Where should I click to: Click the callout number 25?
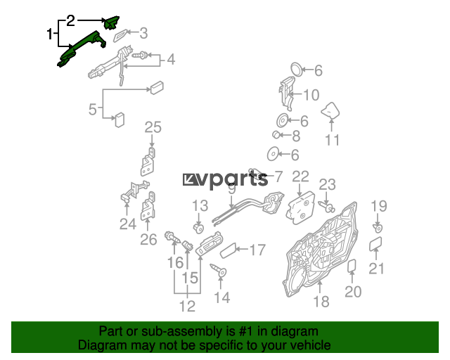click(153, 127)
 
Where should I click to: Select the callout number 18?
click(321, 302)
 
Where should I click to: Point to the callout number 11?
click(332, 140)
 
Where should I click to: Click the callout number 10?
click(310, 95)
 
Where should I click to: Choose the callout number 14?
click(221, 297)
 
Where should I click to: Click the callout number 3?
click(143, 32)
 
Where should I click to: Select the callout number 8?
click(295, 136)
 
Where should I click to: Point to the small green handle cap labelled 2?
click(111, 23)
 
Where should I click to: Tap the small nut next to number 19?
click(378, 229)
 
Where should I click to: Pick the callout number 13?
click(200, 206)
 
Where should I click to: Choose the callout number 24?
click(127, 224)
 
